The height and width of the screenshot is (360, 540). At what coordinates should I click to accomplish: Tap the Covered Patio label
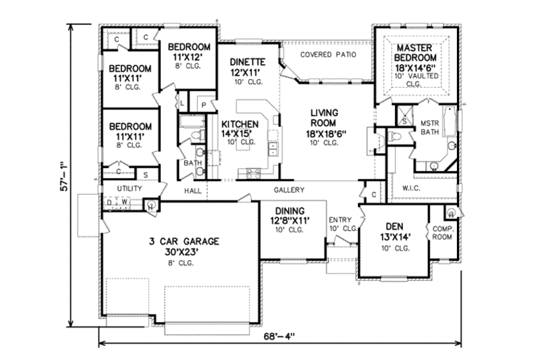(327, 54)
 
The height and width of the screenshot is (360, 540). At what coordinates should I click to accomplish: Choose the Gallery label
(291, 190)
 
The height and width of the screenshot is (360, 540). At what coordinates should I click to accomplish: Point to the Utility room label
(129, 188)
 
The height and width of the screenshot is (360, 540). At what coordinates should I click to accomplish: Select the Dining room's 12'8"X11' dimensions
(289, 220)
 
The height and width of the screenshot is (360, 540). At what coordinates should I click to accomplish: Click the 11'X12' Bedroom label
(189, 52)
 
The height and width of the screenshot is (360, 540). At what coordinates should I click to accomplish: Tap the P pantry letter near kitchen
(202, 105)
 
